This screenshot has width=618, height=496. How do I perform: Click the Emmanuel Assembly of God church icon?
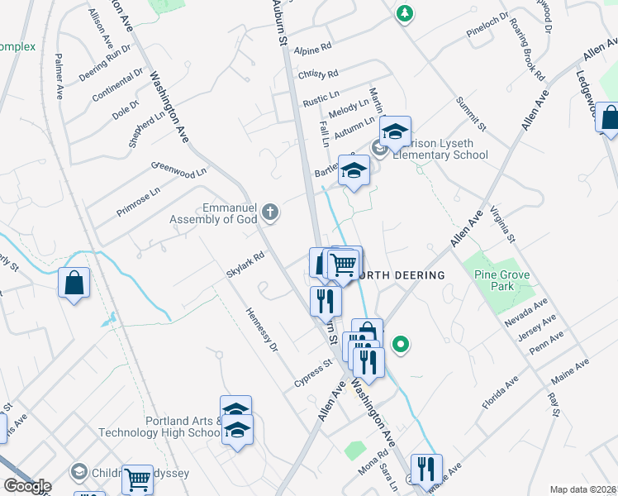tap(270, 214)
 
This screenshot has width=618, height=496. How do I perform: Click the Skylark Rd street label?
tap(245, 264)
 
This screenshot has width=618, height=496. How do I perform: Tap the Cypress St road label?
tap(314, 374)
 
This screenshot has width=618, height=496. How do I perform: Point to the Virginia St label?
tap(502, 224)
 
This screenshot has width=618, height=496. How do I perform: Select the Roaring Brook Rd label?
tap(528, 49)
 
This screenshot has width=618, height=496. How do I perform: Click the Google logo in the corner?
tap(26, 486)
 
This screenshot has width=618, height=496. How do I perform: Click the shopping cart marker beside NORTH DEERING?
tap(342, 265)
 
